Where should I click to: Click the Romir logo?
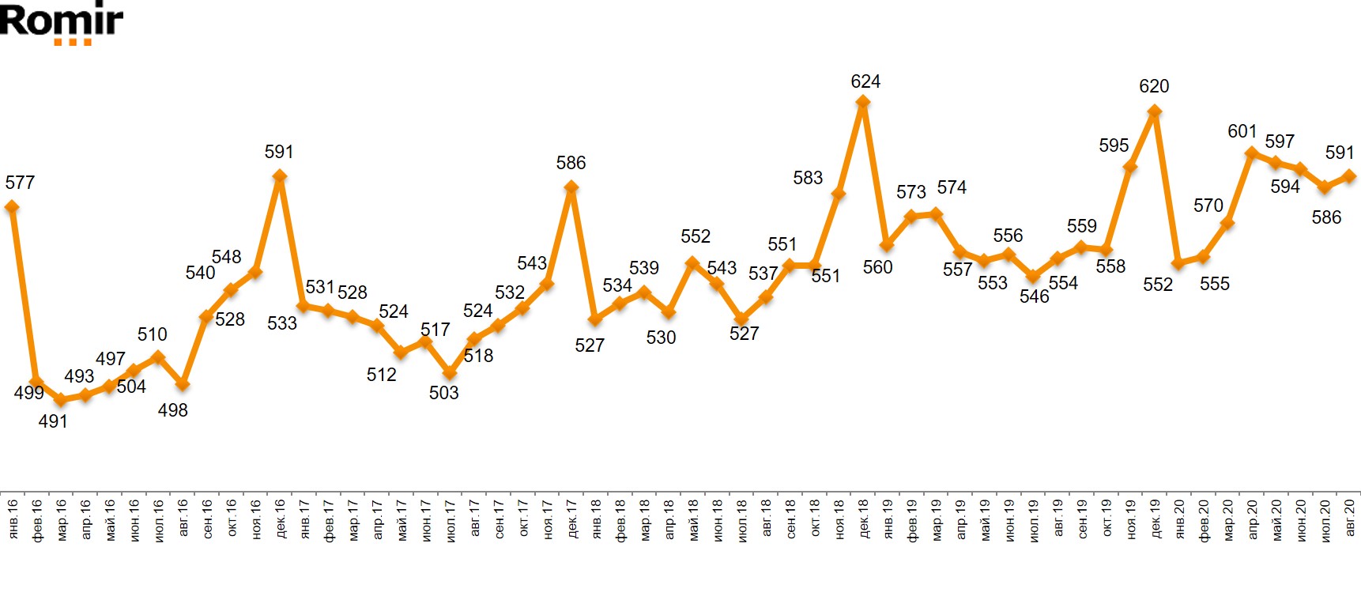[x=62, y=22]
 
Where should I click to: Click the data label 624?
[x=865, y=81]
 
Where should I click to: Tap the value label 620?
[x=1154, y=86]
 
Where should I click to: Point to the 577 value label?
[x=20, y=183]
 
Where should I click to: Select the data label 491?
[x=53, y=421]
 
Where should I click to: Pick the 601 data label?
[x=1242, y=131]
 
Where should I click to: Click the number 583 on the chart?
[x=808, y=178]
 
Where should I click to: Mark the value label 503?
[x=443, y=393]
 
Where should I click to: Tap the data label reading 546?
[x=1034, y=296]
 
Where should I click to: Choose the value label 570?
[x=1208, y=206]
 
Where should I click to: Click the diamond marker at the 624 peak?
[x=863, y=102]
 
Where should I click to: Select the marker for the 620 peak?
[x=1155, y=112]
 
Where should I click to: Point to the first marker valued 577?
[x=12, y=207]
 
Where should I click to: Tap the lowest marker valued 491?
[x=61, y=400]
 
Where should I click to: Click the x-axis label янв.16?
[x=13, y=519]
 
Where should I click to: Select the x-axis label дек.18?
[x=863, y=519]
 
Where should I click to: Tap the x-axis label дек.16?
[x=280, y=519]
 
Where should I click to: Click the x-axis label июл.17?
[x=450, y=519]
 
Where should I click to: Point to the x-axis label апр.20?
[x=1252, y=519]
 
